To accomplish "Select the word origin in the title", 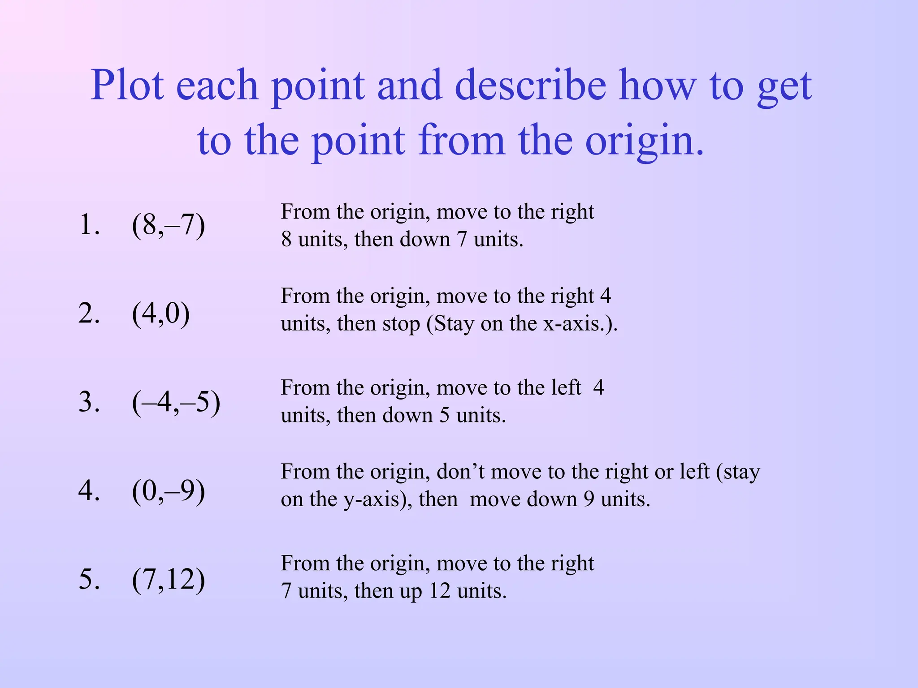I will click(x=644, y=141).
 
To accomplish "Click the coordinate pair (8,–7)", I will click(x=168, y=225).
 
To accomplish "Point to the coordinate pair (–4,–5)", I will click(x=176, y=402).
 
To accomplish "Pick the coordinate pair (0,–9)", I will click(x=168, y=490).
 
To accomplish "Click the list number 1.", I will click(x=88, y=225).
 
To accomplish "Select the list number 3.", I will click(x=88, y=402).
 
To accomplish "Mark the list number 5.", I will click(x=88, y=579).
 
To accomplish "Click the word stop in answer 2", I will click(x=401, y=324).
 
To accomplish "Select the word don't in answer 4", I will click(x=460, y=472).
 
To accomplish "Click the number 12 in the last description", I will click(x=439, y=591).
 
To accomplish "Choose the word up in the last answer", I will click(x=411, y=592).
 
